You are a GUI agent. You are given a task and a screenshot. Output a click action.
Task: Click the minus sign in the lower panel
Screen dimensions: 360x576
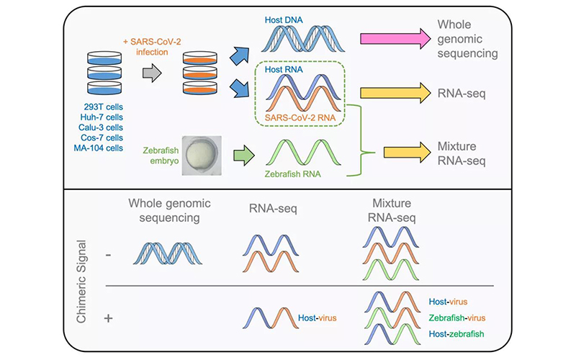coord(109,256)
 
